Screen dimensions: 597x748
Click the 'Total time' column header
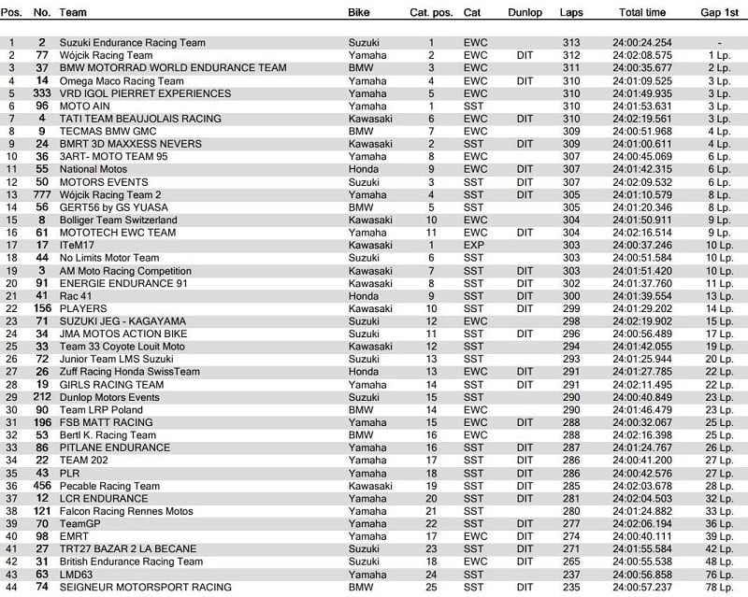642,13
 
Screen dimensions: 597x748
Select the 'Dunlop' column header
530,13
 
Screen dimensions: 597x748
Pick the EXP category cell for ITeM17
474,245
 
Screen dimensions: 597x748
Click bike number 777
40,194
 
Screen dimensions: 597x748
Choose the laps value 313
571,43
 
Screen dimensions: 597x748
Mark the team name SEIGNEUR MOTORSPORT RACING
145,587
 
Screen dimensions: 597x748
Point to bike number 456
40,486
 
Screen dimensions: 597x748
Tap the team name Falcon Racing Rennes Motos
126,511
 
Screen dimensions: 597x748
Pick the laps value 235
571,587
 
